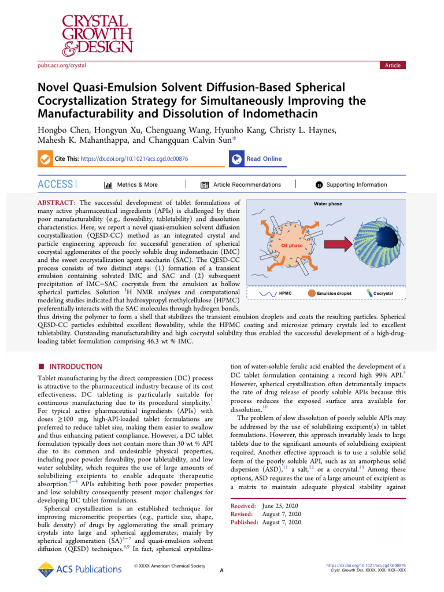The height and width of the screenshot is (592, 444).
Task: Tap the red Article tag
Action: point(393,65)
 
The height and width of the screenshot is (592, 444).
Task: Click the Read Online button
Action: point(264,159)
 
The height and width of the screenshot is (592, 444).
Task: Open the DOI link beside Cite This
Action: point(134,159)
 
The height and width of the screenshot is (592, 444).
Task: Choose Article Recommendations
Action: point(247,185)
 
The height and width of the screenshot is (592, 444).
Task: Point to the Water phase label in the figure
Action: point(328,203)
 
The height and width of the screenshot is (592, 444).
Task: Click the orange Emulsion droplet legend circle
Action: point(312,294)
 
